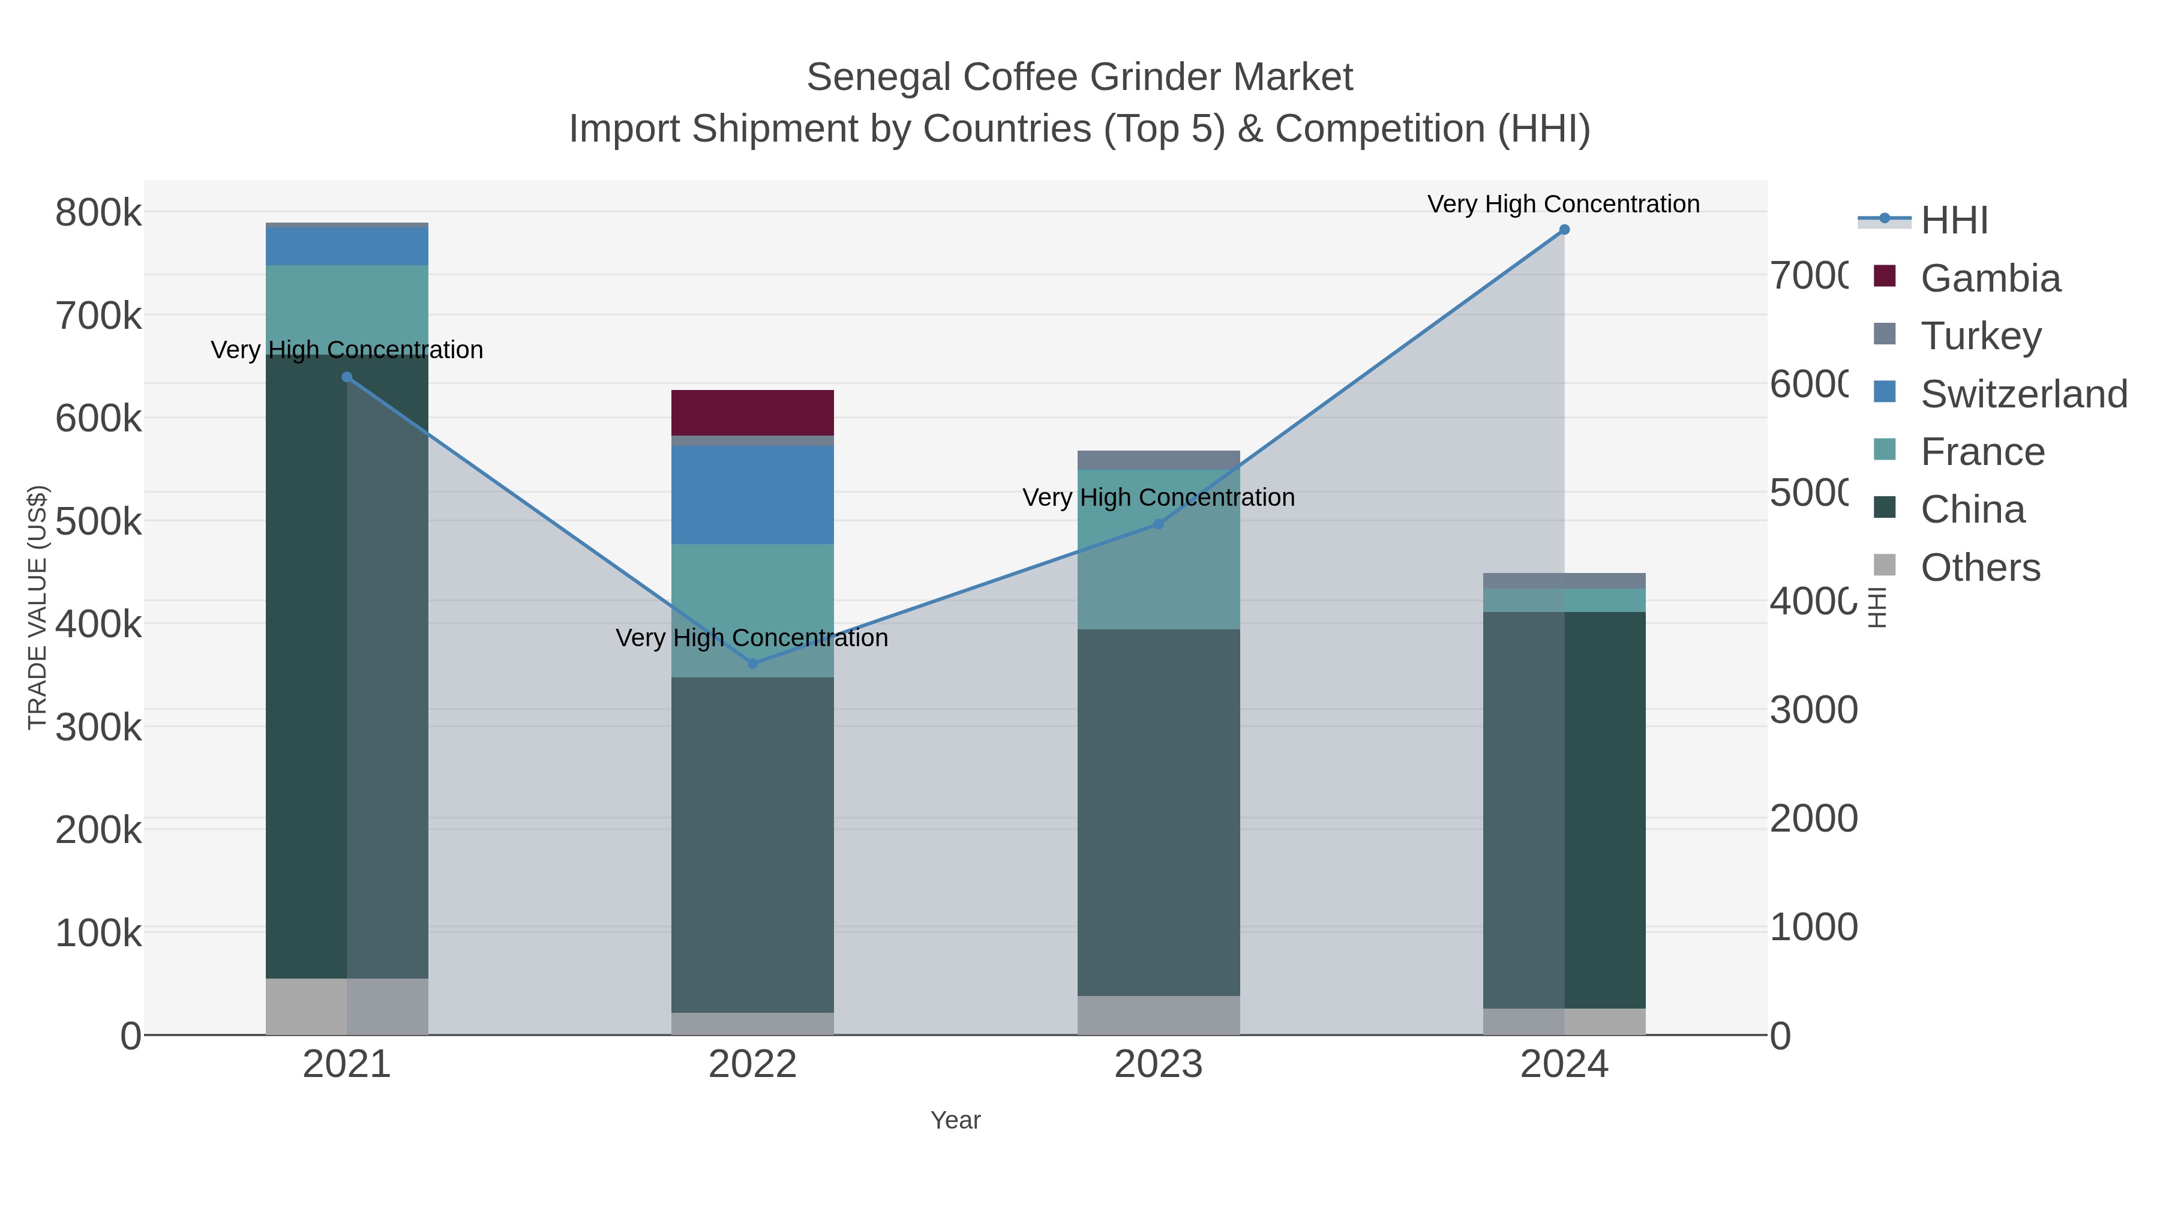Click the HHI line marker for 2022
pyautogui.click(x=752, y=663)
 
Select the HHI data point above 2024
pyautogui.click(x=1564, y=230)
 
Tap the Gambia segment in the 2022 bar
pyautogui.click(x=752, y=413)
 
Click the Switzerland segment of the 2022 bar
pyautogui.click(x=752, y=495)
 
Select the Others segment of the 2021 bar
pyautogui.click(x=346, y=1006)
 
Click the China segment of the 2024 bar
pyautogui.click(x=1564, y=809)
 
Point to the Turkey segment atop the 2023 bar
pyautogui.click(x=1158, y=460)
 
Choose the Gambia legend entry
pyautogui.click(x=1989, y=278)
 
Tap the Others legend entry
pyautogui.click(x=1979, y=568)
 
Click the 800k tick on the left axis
pyautogui.click(x=98, y=213)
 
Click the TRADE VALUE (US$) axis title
pyautogui.click(x=37, y=607)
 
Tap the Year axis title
pyautogui.click(x=955, y=1120)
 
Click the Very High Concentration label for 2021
pyautogui.click(x=346, y=350)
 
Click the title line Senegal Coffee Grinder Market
pyautogui.click(x=1079, y=77)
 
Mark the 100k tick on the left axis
pyautogui.click(x=98, y=933)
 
